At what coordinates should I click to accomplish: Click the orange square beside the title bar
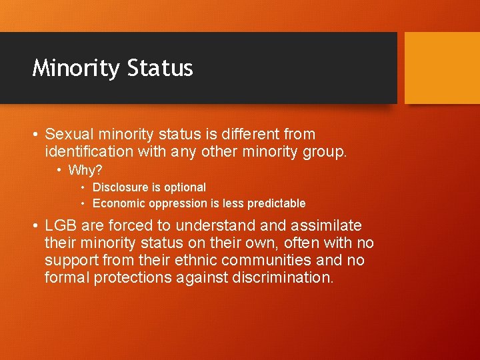pyautogui.click(x=442, y=67)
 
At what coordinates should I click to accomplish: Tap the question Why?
pyautogui.click(x=85, y=170)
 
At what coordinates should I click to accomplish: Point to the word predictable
pyautogui.click(x=275, y=203)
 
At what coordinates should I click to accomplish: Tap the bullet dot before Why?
pyautogui.click(x=59, y=170)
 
